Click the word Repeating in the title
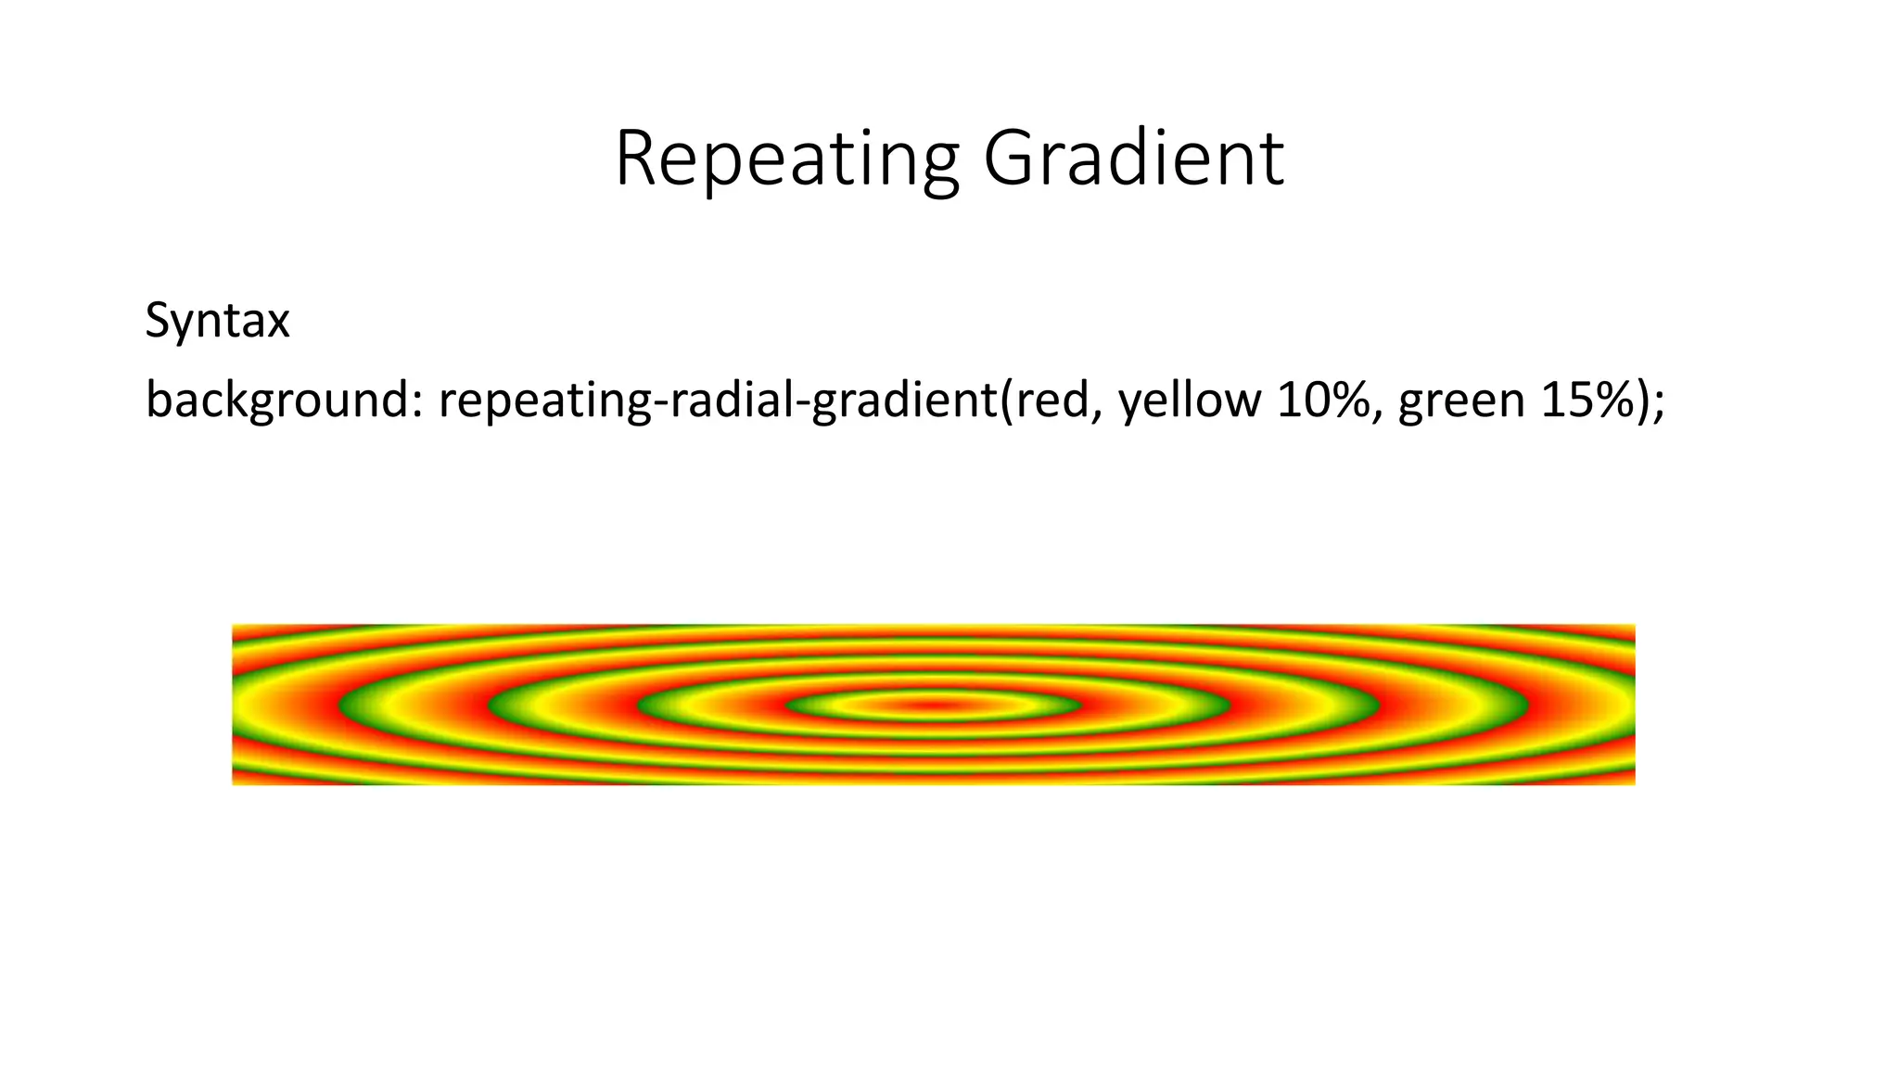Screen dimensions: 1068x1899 tap(786, 159)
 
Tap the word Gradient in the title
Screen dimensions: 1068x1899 tap(1133, 159)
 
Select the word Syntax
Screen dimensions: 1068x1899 tap(217, 322)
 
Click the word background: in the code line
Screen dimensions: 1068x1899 tap(283, 400)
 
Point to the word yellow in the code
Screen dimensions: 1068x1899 tap(1190, 400)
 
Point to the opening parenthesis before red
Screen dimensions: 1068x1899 tap(1006, 400)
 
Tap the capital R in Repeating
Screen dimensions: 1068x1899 tap(635, 159)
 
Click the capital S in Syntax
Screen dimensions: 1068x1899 tap(157, 322)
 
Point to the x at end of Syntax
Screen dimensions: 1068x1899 tap(278, 324)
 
